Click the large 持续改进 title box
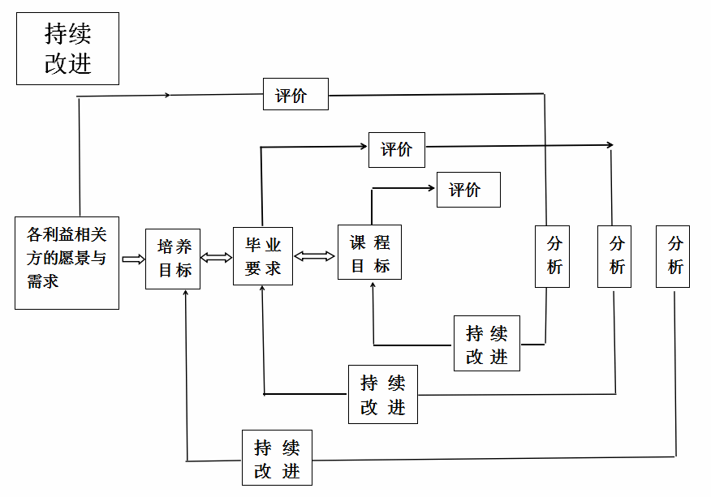tap(67, 49)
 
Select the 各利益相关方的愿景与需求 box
tap(67, 263)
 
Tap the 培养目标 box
tap(173, 259)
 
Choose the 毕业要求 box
tap(262, 256)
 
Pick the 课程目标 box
tap(369, 253)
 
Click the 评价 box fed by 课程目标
tap(468, 190)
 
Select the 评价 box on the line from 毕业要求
tap(396, 150)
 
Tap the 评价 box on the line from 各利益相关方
tap(295, 95)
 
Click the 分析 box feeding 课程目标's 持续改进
tap(552, 256)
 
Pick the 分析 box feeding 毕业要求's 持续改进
tap(614, 256)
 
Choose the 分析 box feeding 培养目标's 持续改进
tap(673, 256)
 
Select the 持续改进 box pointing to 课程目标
tap(486, 344)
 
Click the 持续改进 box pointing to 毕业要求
tap(382, 394)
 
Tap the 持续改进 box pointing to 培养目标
tap(277, 458)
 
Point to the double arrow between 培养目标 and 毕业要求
tap(216, 258)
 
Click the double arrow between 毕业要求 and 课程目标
tap(314, 256)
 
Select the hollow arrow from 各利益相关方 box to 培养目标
tap(132, 259)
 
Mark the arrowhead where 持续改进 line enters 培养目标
tap(187, 293)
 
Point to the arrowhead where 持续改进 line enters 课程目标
tap(373, 285)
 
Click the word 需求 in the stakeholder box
tap(43, 282)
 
